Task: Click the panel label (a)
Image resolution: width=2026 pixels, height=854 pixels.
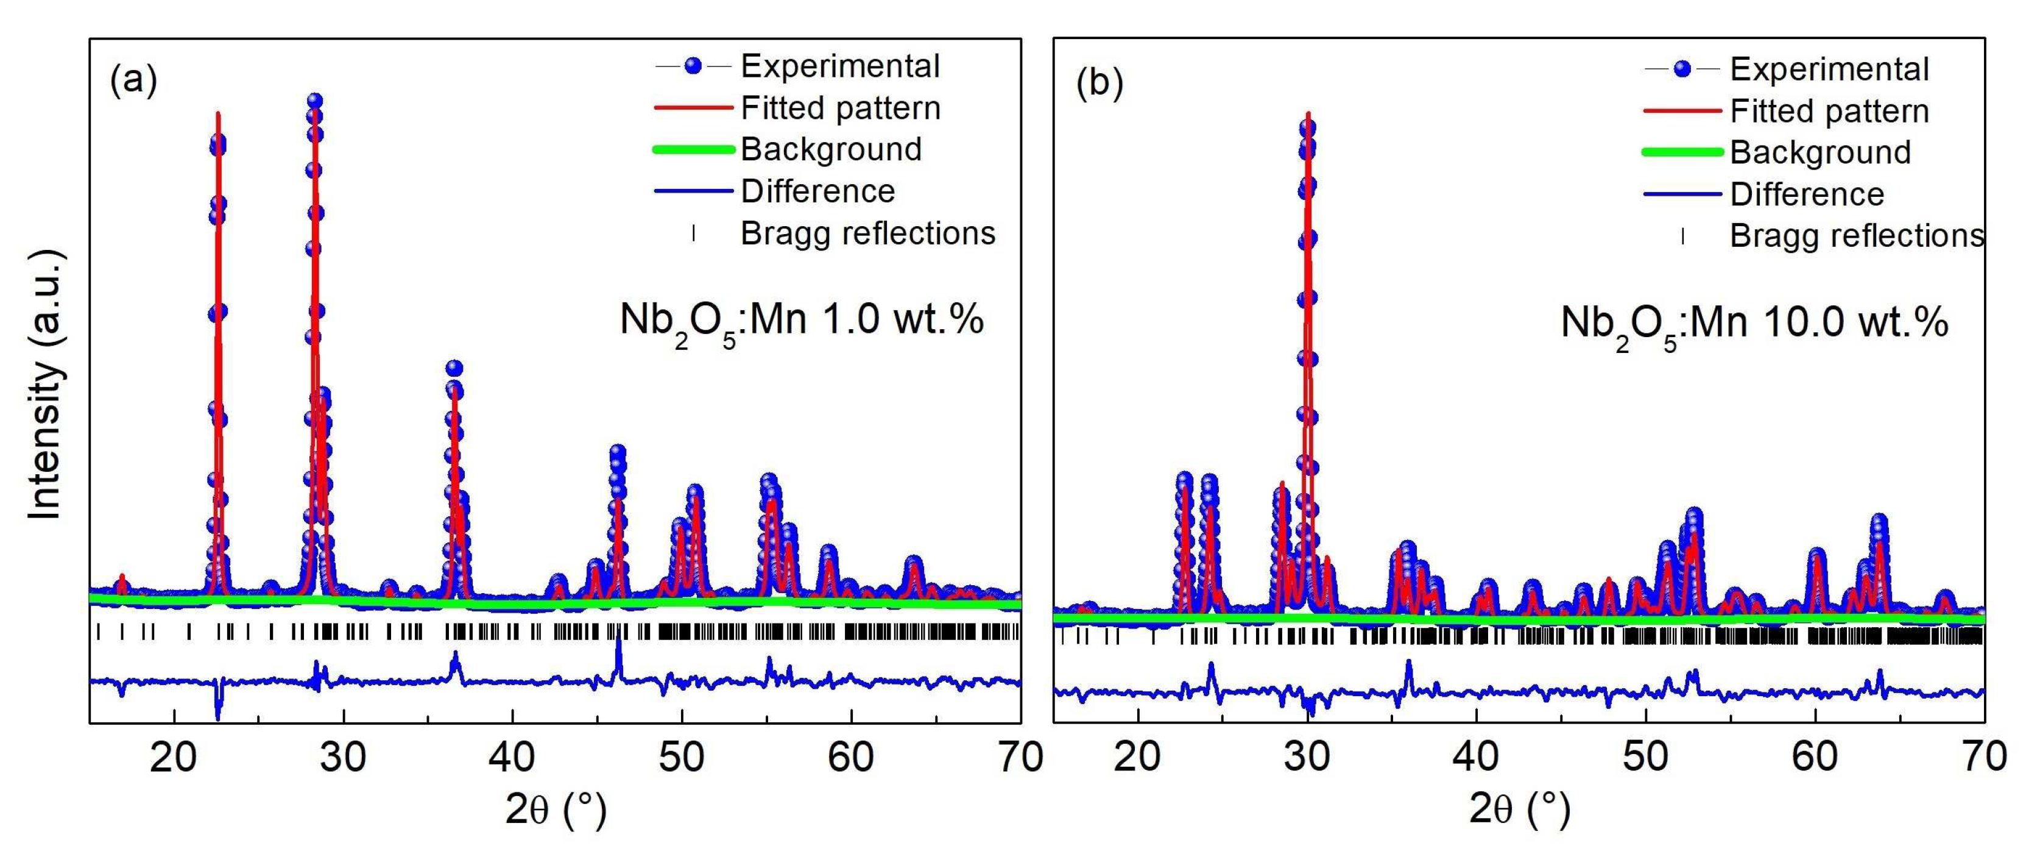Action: [133, 80]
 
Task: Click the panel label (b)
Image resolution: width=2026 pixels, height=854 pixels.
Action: [1099, 84]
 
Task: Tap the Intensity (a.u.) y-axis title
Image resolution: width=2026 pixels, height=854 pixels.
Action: [46, 386]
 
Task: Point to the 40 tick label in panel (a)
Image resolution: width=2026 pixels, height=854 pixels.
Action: [513, 756]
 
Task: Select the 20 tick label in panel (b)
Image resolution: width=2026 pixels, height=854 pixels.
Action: [1138, 756]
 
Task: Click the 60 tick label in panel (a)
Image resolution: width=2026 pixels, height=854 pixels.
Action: [851, 756]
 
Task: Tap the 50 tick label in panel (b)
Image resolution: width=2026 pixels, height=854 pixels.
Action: [1645, 756]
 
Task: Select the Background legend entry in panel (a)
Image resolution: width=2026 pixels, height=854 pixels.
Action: [830, 149]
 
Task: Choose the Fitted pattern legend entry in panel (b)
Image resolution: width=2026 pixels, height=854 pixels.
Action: [1829, 111]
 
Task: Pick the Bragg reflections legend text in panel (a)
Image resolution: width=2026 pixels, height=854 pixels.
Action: [867, 233]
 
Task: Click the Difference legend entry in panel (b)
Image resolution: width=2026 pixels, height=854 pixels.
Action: [1807, 194]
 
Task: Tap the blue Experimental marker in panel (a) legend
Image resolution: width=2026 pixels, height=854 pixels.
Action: [693, 66]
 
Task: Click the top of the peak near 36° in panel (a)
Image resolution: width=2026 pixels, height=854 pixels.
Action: [454, 368]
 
